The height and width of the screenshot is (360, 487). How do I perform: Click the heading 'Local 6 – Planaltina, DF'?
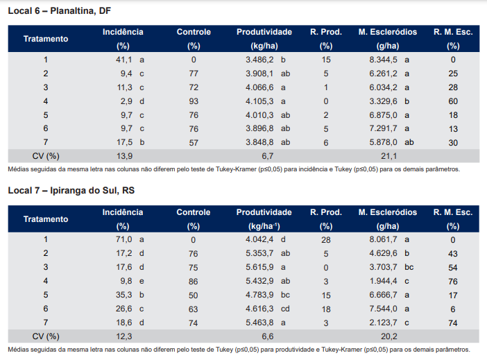[x=60, y=11]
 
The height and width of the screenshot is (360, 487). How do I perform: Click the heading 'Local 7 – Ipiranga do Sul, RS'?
[x=71, y=191]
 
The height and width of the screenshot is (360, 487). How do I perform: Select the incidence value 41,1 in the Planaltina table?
[x=124, y=60]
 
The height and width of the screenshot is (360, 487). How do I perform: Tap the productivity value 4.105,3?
[x=259, y=101]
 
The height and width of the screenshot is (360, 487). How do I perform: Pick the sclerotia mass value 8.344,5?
[x=383, y=60]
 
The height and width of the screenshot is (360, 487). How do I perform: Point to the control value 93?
[x=194, y=101]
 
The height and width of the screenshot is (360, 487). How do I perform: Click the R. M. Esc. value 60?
[x=453, y=101]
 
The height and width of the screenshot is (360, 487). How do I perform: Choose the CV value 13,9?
[x=125, y=156]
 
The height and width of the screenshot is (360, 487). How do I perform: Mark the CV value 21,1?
[x=389, y=156]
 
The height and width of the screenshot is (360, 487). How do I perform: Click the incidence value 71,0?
[x=124, y=239]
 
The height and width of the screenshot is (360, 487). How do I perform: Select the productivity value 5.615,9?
[x=259, y=267]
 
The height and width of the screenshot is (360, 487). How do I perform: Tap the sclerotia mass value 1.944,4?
[x=383, y=281]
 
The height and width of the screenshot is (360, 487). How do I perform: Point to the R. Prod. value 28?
[x=326, y=240]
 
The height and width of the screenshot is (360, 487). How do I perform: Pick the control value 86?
[x=193, y=282]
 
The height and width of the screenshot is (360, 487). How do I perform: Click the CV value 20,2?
[x=389, y=336]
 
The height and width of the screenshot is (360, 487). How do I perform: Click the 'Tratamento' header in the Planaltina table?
[x=46, y=39]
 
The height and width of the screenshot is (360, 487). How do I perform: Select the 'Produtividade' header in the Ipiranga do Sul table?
[x=264, y=212]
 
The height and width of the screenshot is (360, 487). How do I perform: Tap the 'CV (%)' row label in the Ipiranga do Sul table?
[x=46, y=336]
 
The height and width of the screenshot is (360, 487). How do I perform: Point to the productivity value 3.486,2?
[x=259, y=60]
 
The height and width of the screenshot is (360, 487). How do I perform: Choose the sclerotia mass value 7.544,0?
[x=383, y=309]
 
